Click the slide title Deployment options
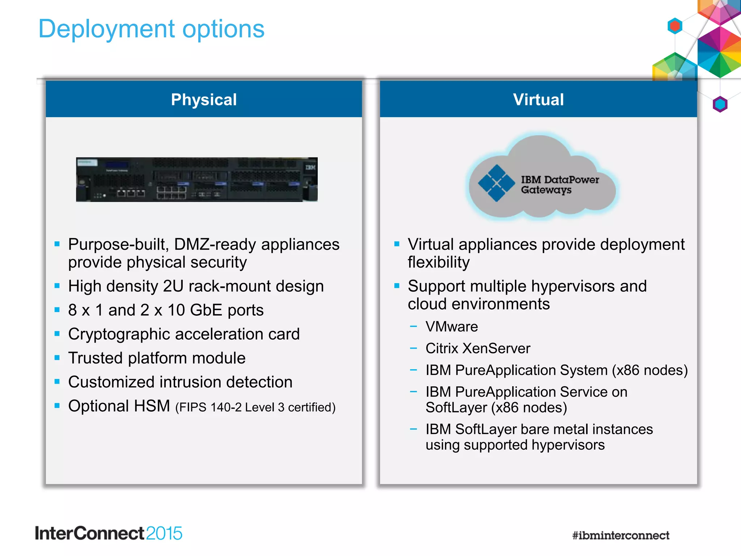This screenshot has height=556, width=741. (x=151, y=29)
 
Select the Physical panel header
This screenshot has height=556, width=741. (x=204, y=100)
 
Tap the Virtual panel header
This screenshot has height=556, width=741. (x=538, y=100)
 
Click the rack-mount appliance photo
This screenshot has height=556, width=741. (x=196, y=180)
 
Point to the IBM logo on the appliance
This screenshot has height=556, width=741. (x=310, y=168)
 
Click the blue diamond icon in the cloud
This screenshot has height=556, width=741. (x=496, y=183)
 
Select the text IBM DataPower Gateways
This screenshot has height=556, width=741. (x=559, y=185)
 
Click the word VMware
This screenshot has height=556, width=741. (x=452, y=327)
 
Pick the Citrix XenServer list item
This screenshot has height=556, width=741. (x=478, y=349)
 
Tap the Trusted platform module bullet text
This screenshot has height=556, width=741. (x=157, y=358)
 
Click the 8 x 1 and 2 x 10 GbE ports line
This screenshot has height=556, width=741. (x=166, y=310)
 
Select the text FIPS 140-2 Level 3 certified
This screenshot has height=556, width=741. (x=255, y=408)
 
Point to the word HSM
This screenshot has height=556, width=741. (x=152, y=406)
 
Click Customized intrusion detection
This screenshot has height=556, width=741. (x=180, y=382)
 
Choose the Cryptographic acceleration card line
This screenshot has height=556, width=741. (x=184, y=334)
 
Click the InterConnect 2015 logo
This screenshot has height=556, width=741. (x=109, y=534)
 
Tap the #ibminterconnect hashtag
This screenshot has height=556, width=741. (x=621, y=535)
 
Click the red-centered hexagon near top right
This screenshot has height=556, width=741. (x=675, y=26)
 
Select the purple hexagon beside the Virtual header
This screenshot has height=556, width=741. (x=720, y=104)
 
